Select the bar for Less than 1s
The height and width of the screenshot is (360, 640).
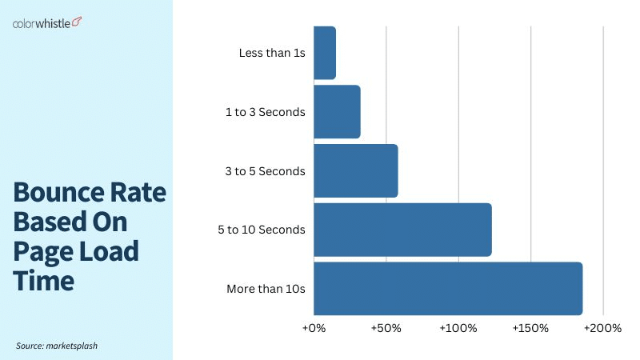point(325,53)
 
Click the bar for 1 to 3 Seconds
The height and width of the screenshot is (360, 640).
point(337,112)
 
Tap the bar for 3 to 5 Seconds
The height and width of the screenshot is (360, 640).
point(355,170)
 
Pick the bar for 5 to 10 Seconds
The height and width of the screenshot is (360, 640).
point(402,230)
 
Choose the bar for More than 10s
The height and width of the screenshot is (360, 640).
point(448,288)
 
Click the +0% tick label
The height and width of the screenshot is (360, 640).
point(314,328)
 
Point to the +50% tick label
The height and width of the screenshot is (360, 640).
point(386,328)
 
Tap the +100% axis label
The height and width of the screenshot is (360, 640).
point(458,328)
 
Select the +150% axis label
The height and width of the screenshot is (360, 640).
point(530,328)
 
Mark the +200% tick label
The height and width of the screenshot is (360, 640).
point(603,328)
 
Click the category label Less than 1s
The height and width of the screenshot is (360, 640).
point(272,53)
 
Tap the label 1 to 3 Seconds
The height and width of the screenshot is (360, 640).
point(266,112)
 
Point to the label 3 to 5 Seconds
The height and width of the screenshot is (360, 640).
point(266,170)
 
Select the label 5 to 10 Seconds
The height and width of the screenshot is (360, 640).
point(262,230)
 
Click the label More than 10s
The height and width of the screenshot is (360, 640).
point(266,288)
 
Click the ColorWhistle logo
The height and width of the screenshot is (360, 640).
point(47,22)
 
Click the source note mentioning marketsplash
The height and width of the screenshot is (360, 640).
point(57,346)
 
